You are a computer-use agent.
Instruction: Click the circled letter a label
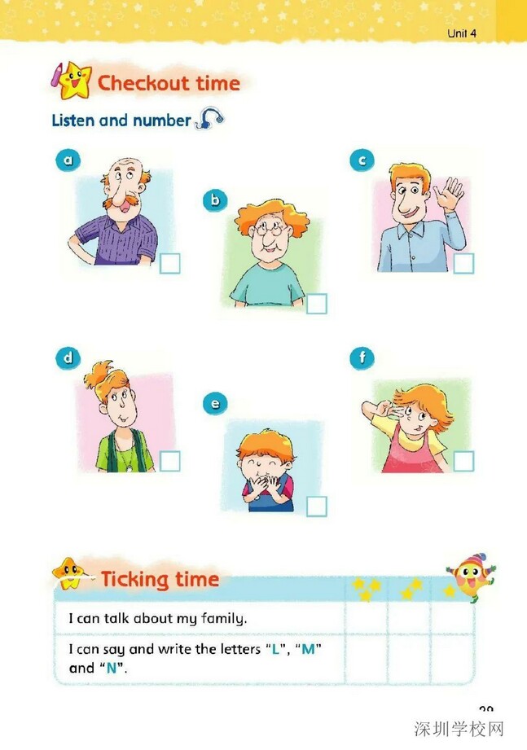click(x=68, y=160)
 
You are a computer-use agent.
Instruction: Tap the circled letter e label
click(x=215, y=403)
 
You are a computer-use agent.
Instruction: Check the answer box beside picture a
click(x=169, y=264)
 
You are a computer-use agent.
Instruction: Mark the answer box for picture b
click(x=317, y=304)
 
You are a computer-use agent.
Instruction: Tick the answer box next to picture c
click(x=463, y=264)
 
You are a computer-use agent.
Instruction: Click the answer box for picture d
click(x=169, y=461)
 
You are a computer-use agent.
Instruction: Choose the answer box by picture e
click(x=317, y=507)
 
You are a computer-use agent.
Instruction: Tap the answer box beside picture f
click(x=463, y=461)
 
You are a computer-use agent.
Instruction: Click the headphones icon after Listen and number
click(x=209, y=118)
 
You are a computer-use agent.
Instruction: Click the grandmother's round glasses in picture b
click(x=270, y=229)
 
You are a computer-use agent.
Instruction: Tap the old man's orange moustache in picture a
click(x=122, y=199)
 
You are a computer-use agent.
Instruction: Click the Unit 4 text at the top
click(x=462, y=33)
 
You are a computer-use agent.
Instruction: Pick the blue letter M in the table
click(x=309, y=649)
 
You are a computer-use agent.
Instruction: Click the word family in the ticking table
click(x=223, y=618)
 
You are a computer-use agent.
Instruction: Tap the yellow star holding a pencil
click(x=72, y=81)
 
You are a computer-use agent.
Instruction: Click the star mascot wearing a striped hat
click(x=471, y=577)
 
